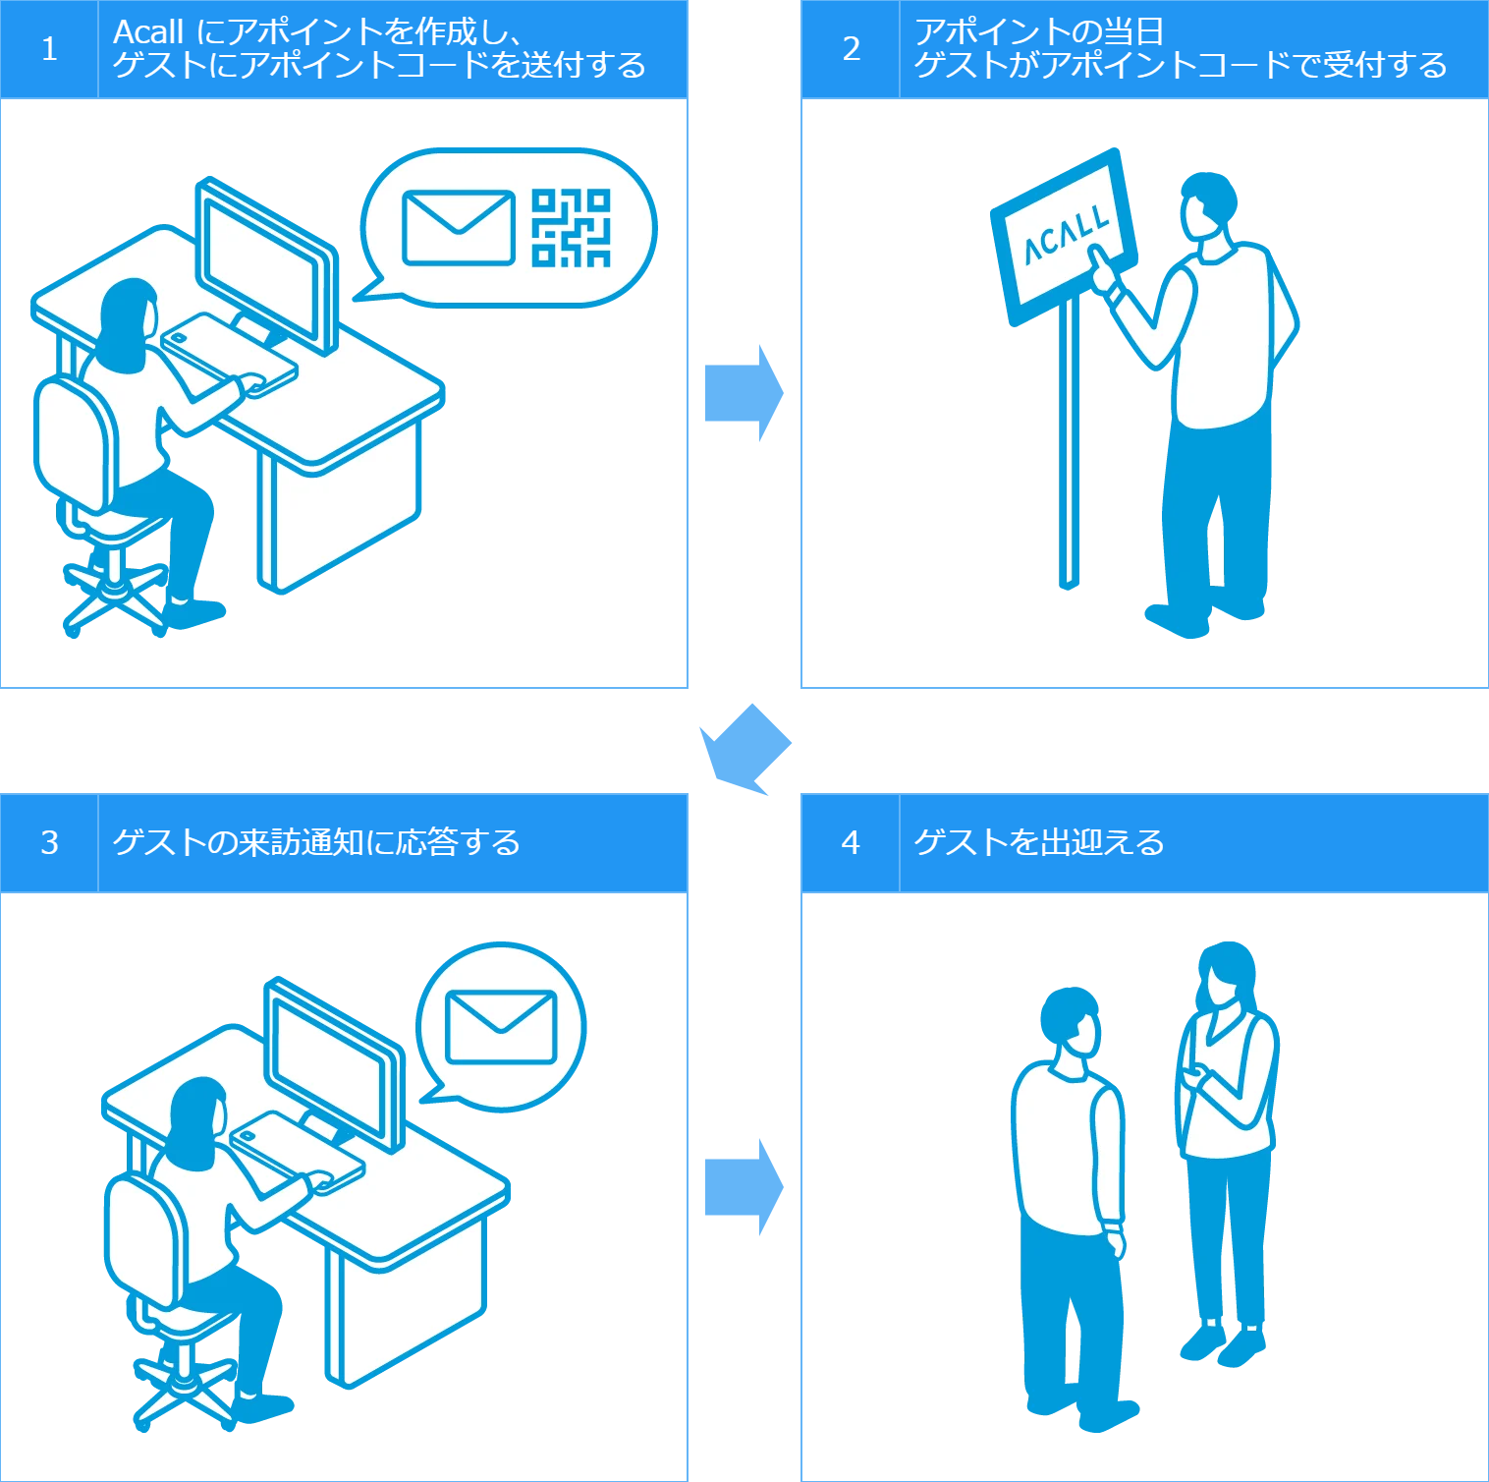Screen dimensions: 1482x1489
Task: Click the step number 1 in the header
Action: coord(49,49)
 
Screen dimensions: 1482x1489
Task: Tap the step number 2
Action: coord(851,49)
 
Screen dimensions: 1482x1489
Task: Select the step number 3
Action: coord(49,842)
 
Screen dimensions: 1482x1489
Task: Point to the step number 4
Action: coord(851,842)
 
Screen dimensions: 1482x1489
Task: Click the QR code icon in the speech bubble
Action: coord(571,228)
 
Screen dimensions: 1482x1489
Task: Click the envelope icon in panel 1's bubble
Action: coord(458,228)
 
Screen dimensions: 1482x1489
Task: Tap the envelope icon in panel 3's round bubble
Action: coord(501,1027)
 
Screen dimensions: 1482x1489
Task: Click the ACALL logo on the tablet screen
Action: coord(1066,236)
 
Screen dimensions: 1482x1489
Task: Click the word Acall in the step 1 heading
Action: coord(148,32)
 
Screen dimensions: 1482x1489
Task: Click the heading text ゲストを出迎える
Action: coord(1038,842)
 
